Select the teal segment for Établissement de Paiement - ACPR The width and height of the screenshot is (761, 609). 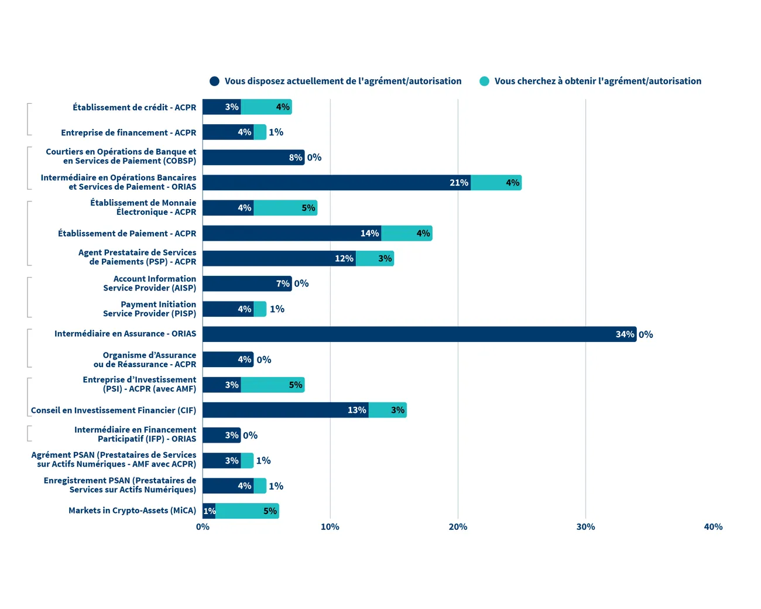[x=406, y=233]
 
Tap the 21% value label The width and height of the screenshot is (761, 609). [x=459, y=183]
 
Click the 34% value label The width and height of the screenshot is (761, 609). [x=625, y=334]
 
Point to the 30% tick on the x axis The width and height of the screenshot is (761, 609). [x=585, y=527]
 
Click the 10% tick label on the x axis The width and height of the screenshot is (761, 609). [x=330, y=527]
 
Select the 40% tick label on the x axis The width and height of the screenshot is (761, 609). [x=713, y=527]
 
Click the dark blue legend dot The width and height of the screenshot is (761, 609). [x=215, y=81]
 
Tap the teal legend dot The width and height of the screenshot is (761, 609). [x=484, y=81]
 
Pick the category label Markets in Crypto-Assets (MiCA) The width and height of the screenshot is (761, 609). [x=132, y=511]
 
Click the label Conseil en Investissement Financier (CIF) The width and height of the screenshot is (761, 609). [x=114, y=410]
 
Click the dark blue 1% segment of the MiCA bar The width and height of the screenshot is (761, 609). [x=209, y=511]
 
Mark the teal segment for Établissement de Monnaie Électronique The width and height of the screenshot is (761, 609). [x=285, y=208]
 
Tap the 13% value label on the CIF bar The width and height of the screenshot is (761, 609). [x=356, y=410]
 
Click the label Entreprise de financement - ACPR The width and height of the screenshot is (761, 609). [x=129, y=133]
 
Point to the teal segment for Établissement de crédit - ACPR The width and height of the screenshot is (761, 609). [x=266, y=107]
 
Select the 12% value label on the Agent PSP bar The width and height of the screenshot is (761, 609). [x=344, y=258]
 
